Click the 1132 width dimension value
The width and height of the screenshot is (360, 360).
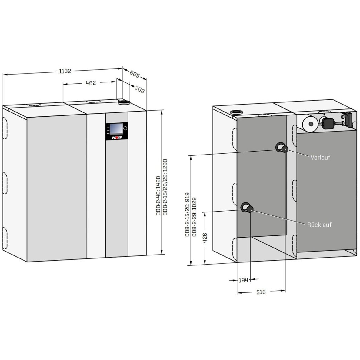pos(65,71)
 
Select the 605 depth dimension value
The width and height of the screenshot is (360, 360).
pos(135,74)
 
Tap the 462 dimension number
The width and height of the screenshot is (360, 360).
pos(91,83)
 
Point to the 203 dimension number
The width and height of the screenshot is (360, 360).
pos(139,89)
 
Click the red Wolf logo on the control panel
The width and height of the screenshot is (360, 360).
pos(117,138)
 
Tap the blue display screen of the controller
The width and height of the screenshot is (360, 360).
pos(116,129)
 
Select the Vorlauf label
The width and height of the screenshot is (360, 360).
pos(320,158)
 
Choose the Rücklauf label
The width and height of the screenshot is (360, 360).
pos(319,225)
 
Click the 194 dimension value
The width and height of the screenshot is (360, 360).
pos(244,280)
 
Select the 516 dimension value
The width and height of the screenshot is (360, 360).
pos(261,292)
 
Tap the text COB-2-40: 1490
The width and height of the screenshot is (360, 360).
pos(158,196)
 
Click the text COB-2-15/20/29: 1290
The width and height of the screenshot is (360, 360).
pos(165,187)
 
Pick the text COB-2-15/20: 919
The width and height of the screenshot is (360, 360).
pos(187,215)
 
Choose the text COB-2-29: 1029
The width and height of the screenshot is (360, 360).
pos(194,217)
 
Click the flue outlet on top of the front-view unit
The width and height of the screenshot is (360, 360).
pos(124,102)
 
